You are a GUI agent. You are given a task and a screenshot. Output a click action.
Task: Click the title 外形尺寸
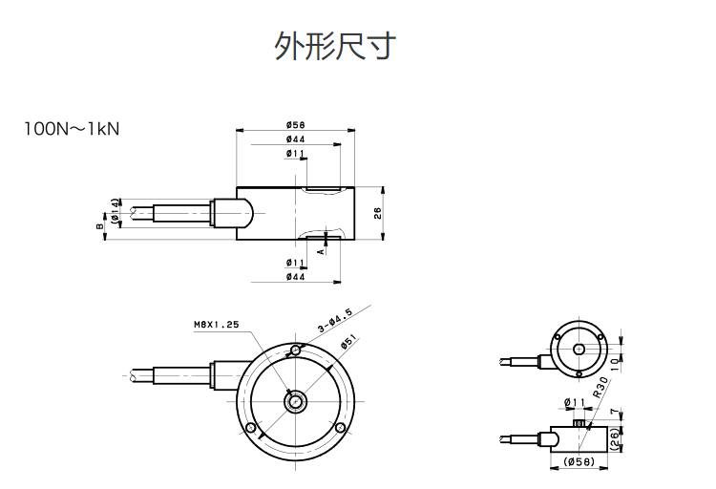[335, 46]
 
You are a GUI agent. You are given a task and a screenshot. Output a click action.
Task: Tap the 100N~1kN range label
[72, 128]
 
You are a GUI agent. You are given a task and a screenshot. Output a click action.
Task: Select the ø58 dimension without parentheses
[295, 125]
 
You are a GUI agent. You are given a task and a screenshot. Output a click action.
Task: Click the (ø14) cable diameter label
[116, 211]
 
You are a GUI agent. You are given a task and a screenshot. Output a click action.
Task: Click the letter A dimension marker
[321, 250]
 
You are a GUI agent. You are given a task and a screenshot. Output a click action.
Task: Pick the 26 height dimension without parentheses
[378, 213]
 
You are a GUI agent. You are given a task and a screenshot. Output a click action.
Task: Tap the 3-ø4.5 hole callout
[334, 320]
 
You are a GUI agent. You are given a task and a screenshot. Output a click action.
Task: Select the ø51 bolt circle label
[348, 342]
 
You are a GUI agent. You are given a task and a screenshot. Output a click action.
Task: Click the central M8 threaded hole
[296, 400]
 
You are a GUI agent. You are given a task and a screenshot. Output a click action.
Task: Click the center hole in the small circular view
[579, 349]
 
